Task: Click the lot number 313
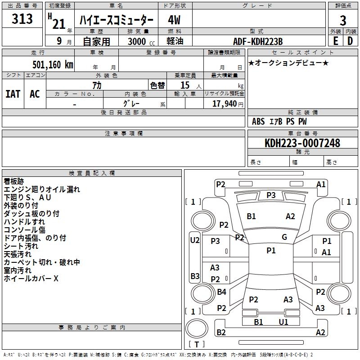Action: [22, 19]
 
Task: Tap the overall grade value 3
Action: [343, 20]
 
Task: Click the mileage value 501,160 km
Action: [53, 64]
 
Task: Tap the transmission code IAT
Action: [13, 94]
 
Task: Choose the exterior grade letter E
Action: [335, 41]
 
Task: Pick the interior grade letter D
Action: [350, 41]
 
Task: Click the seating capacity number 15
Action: [185, 85]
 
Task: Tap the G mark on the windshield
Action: [284, 237]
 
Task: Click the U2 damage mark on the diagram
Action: [194, 240]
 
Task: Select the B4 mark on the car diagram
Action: [221, 292]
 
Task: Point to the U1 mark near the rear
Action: [283, 322]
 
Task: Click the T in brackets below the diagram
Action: [197, 344]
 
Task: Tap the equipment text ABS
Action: [258, 121]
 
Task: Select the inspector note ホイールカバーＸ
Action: [31, 279]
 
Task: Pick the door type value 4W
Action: [174, 20]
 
